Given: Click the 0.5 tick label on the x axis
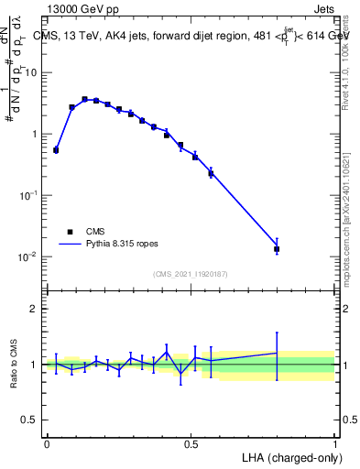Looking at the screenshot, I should (191, 442).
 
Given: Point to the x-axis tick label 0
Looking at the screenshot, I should (47, 442).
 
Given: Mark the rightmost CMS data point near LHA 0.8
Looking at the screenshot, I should (277, 248).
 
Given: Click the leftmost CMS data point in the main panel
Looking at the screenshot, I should (56, 149).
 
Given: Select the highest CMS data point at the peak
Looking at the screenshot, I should (84, 99).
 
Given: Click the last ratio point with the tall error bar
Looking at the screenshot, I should (277, 353).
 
